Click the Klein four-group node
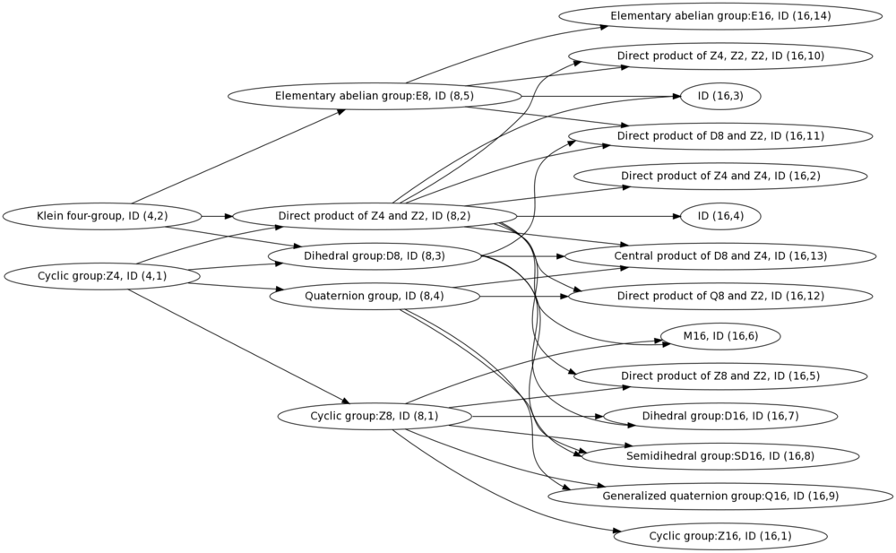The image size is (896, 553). (102, 216)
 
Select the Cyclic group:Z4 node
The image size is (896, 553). (102, 276)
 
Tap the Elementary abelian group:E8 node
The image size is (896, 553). (375, 96)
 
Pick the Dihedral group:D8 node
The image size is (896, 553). (375, 256)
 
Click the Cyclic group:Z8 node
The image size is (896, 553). (375, 417)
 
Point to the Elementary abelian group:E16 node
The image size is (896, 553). (720, 16)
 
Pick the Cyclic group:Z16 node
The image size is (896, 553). (720, 536)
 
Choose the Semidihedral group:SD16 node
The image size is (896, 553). (720, 456)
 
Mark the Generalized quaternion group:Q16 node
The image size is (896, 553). (720, 497)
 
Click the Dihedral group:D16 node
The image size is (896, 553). (720, 417)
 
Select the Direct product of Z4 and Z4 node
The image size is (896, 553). (720, 177)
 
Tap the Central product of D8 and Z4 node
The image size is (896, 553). (720, 256)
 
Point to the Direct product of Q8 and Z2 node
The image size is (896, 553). (720, 297)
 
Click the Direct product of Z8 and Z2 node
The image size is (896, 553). (720, 376)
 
